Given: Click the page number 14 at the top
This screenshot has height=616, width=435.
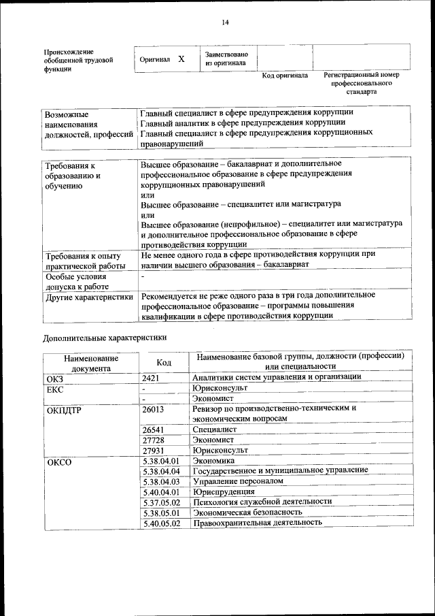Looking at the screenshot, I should [225, 22].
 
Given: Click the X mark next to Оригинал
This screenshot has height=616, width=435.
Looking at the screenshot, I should [181, 59].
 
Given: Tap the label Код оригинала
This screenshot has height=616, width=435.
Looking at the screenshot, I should [285, 76].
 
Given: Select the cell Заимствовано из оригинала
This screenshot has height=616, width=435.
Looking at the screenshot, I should [226, 59].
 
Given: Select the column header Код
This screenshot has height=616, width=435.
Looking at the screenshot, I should [164, 363].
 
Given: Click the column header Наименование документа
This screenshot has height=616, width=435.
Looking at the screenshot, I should [91, 363].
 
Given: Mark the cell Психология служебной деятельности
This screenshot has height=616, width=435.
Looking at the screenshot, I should [262, 501].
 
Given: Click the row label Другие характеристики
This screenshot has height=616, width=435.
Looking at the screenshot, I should [89, 297].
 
